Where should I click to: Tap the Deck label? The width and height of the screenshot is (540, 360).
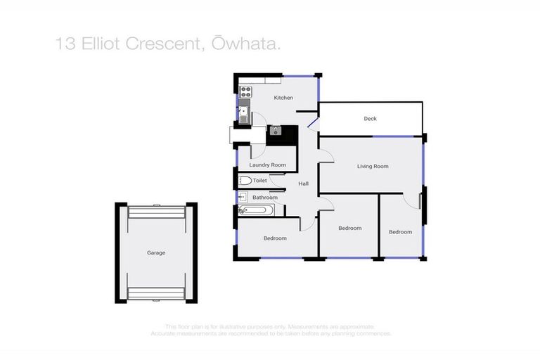tap(370, 119)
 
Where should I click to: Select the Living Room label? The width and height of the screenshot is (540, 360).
tap(373, 166)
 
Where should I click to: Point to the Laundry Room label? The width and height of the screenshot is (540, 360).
tap(268, 165)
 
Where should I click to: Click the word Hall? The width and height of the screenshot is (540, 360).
tap(304, 184)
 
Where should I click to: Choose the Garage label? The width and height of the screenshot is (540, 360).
tap(156, 252)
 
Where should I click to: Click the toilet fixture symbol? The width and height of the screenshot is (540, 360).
tap(245, 181)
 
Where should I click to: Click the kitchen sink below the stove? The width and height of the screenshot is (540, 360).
tap(244, 112)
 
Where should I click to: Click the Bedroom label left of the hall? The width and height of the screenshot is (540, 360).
tap(275, 238)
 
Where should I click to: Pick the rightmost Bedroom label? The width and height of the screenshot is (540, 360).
tap(400, 231)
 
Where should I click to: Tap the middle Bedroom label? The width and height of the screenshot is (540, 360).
tap(349, 228)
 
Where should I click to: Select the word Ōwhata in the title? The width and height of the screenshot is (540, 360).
tap(249, 44)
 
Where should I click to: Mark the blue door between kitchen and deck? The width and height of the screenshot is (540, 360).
tap(314, 125)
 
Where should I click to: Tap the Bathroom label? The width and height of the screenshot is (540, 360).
tap(265, 198)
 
